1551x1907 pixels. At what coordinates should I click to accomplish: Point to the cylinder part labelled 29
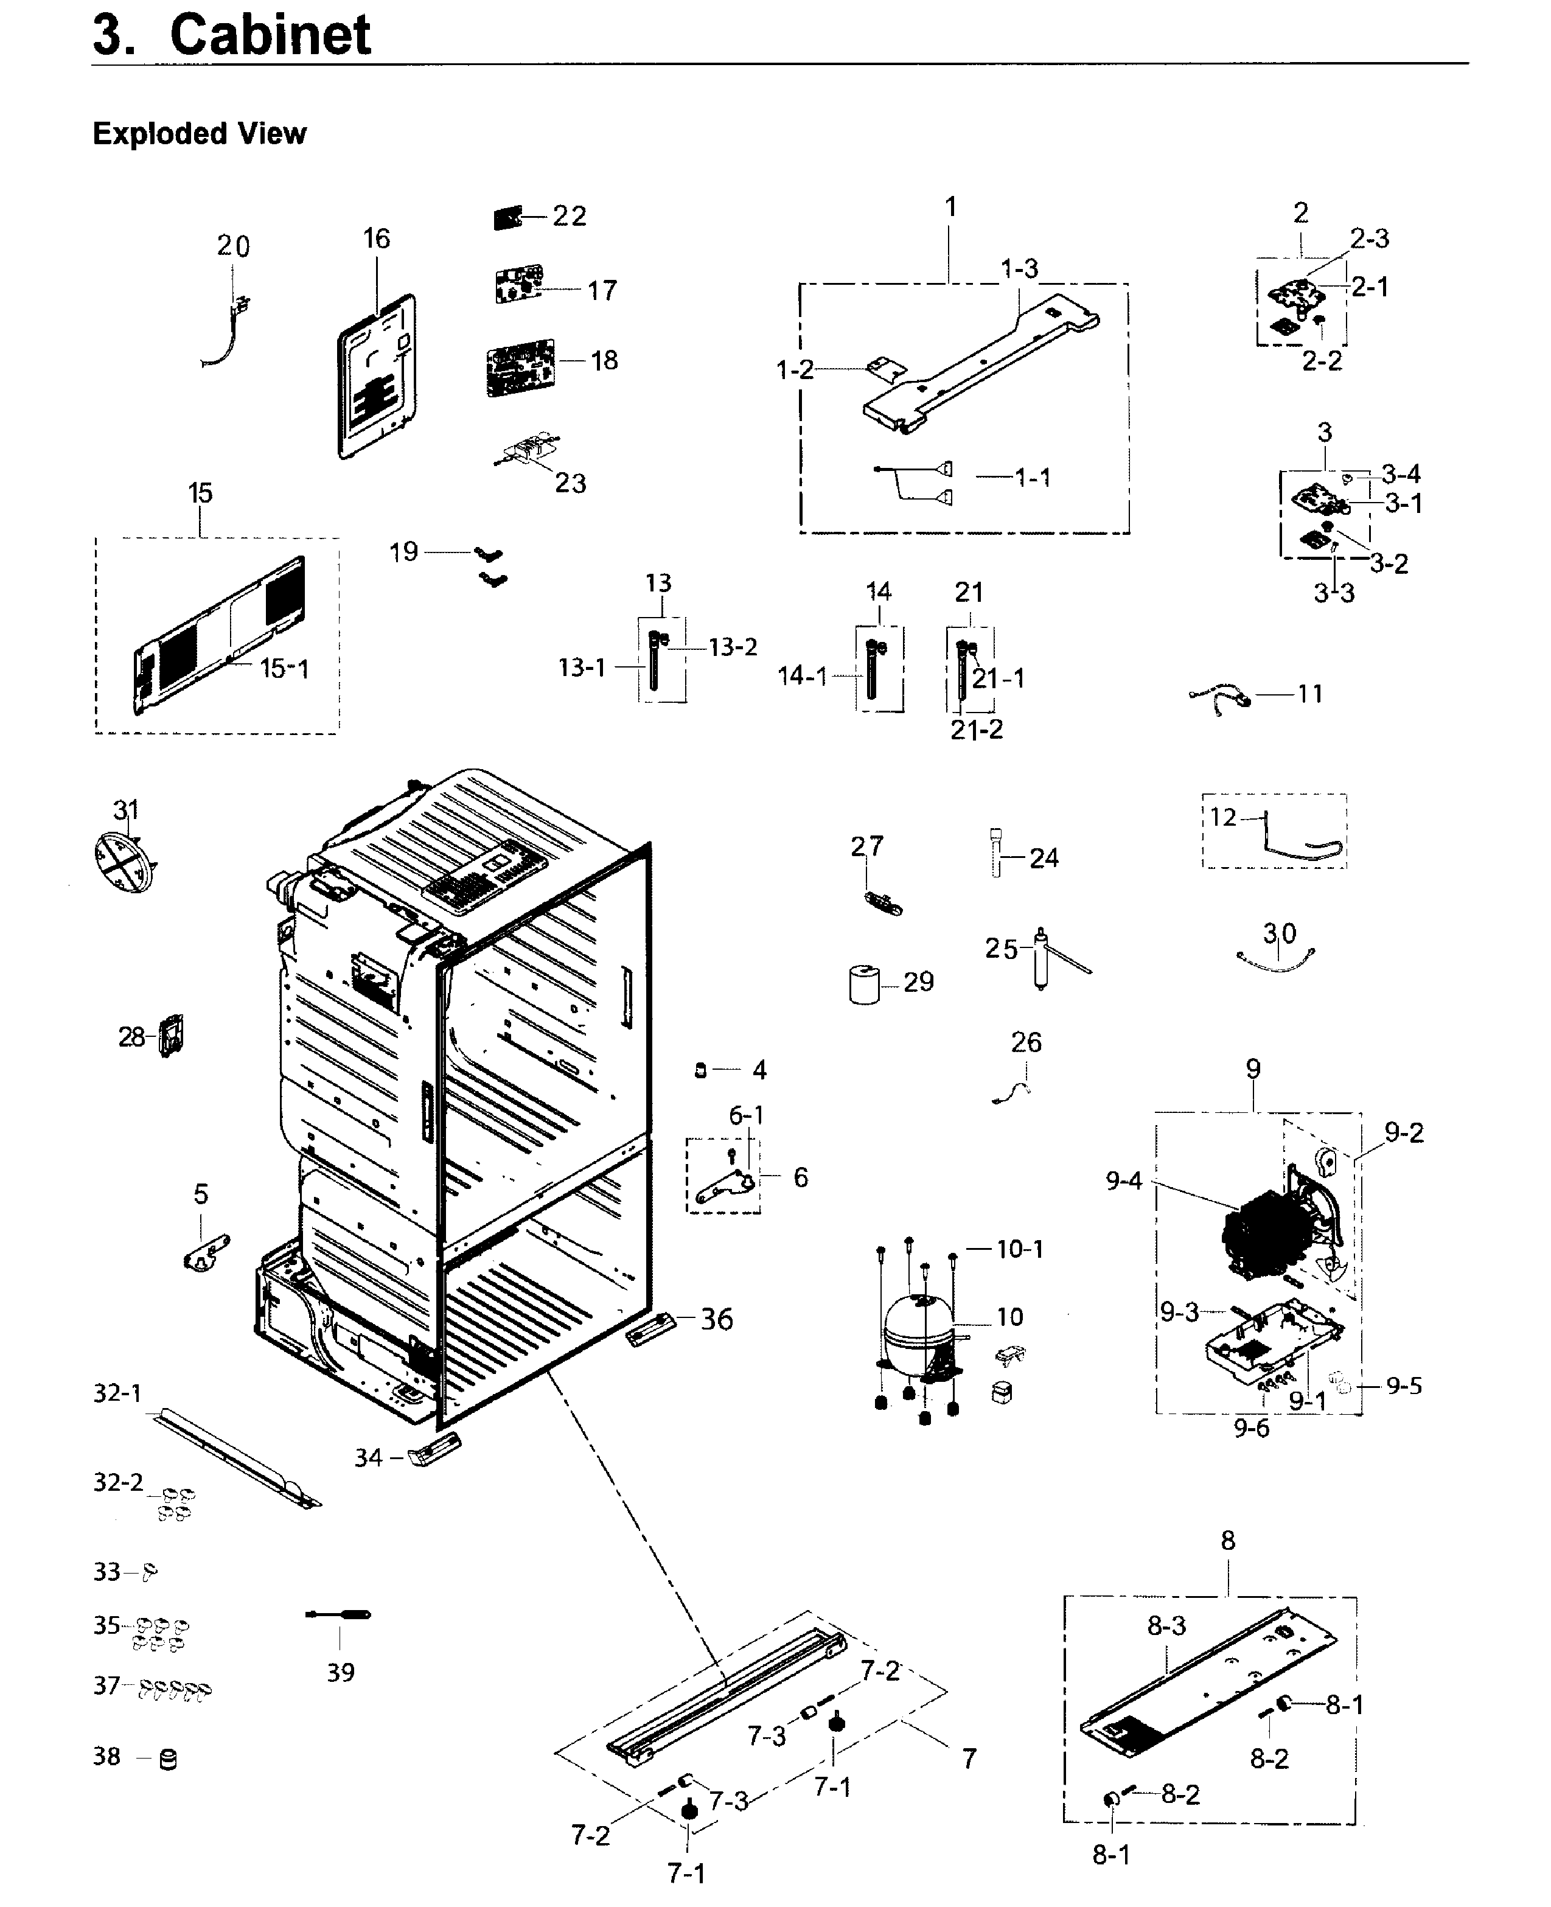point(864,985)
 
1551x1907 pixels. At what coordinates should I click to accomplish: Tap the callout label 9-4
point(1123,1181)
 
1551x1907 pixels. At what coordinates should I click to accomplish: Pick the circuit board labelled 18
point(520,367)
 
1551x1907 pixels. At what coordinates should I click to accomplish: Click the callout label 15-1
point(284,668)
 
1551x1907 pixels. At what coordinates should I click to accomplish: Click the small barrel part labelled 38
point(167,1760)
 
